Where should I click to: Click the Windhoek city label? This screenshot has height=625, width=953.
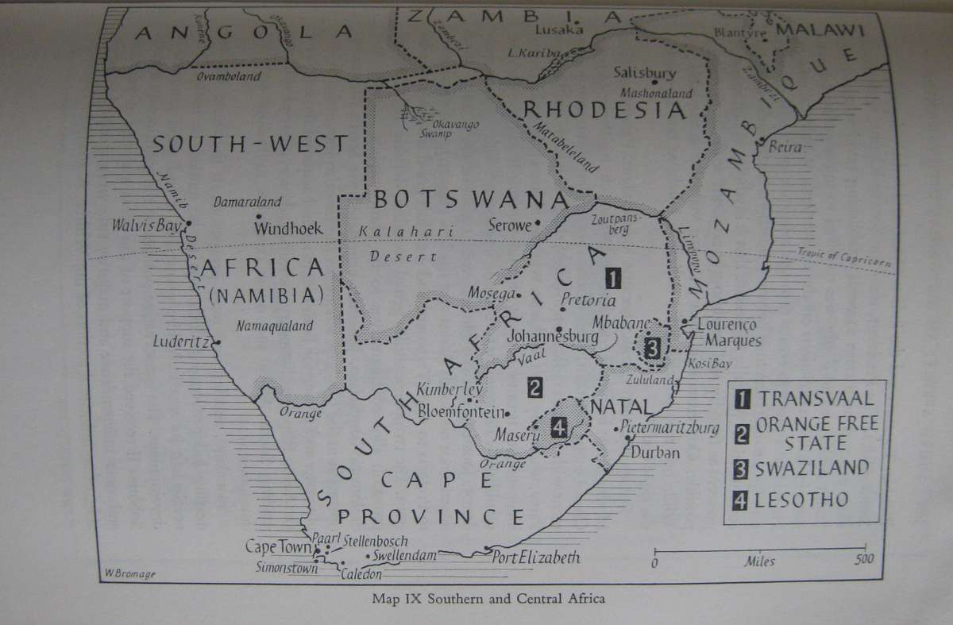click(288, 229)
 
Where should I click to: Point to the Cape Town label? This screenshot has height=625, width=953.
click(277, 547)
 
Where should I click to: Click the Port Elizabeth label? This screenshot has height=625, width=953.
click(536, 557)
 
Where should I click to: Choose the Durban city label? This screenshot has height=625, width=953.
click(655, 453)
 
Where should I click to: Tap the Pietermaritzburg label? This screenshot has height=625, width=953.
click(671, 428)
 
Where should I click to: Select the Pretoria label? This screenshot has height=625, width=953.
click(588, 300)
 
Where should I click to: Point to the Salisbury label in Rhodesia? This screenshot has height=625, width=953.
click(645, 73)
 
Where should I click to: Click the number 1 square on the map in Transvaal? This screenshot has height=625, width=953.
click(613, 278)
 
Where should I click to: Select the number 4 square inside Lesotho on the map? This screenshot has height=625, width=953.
click(559, 429)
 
